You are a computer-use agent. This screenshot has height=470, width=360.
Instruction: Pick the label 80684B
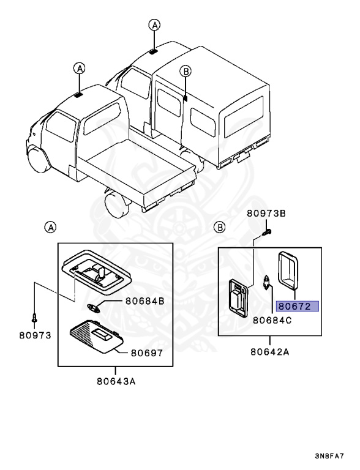145,301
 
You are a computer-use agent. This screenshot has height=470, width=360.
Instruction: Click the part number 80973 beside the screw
34,335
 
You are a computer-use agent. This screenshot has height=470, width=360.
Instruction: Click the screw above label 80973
35,318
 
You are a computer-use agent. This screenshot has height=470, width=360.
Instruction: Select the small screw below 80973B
268,233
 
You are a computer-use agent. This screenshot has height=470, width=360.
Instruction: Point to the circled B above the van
186,72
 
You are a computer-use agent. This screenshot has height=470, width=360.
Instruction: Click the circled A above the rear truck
155,25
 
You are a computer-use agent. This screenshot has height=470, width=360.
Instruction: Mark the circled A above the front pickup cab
79,68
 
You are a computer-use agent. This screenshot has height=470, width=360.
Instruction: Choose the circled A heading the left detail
51,227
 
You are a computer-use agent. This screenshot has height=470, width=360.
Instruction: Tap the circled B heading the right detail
220,227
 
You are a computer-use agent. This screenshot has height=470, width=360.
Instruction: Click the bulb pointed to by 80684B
95,307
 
